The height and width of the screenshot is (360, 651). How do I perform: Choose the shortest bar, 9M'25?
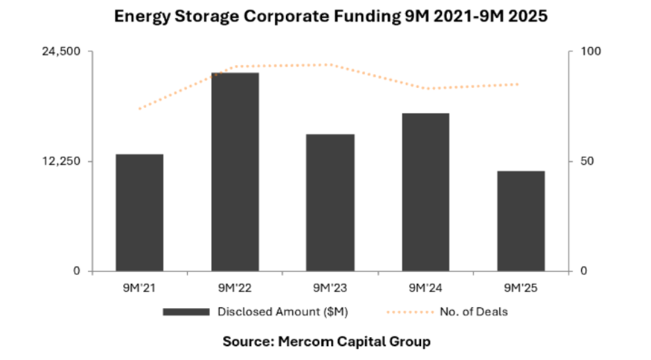click(x=521, y=221)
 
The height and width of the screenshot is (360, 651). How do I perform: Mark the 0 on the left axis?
click(x=78, y=271)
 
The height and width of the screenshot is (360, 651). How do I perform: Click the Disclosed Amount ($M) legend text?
click(x=283, y=312)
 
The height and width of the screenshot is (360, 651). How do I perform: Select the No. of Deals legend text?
click(x=474, y=312)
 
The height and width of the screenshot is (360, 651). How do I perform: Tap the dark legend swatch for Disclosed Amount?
click(x=186, y=312)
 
